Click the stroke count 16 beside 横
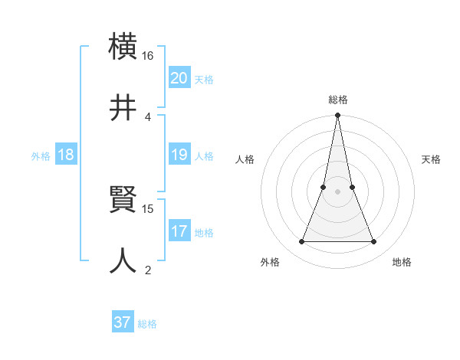coord(148,56)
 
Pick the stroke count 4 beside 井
coord(148,117)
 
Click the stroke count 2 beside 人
coord(148,270)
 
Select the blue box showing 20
coord(179,78)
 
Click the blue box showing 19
coord(179,155)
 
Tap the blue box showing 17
coord(179,231)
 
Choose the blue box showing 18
coord(66,155)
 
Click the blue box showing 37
coord(123,322)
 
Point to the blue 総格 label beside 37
coord(147,324)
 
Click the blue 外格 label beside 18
coord(41,156)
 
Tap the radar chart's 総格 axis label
coord(337,100)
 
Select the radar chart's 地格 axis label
coord(402,262)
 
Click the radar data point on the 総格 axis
coord(337,116)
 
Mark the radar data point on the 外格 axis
coord(301,242)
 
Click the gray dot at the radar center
coord(337,191)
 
